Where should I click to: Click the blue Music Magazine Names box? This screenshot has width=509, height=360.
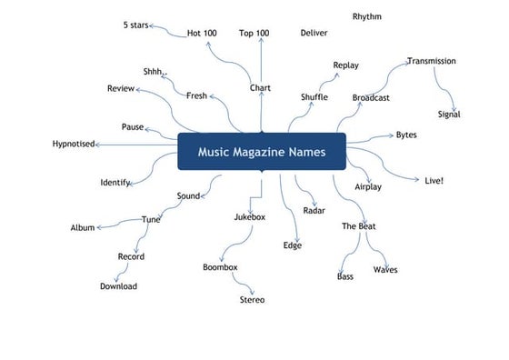262,152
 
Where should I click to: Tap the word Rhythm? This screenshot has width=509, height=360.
367,16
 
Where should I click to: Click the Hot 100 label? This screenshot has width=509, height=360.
202,34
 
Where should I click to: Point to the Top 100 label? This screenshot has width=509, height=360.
254,34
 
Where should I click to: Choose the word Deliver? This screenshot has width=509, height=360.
314,34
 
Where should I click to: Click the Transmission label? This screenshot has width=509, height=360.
432,61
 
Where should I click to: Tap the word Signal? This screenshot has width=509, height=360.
449,115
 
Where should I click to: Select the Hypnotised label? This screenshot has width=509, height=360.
74,144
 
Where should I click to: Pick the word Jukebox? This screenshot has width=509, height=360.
249,217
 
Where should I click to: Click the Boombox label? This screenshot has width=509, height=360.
220,267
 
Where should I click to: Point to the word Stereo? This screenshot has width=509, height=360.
253,299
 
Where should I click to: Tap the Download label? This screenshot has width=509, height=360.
119,286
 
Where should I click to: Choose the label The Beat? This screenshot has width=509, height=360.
359,225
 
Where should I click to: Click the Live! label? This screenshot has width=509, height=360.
434,181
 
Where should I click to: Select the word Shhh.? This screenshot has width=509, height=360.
155,72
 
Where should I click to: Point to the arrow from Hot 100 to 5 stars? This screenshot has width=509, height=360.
168,31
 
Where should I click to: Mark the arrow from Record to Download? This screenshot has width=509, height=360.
128,271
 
